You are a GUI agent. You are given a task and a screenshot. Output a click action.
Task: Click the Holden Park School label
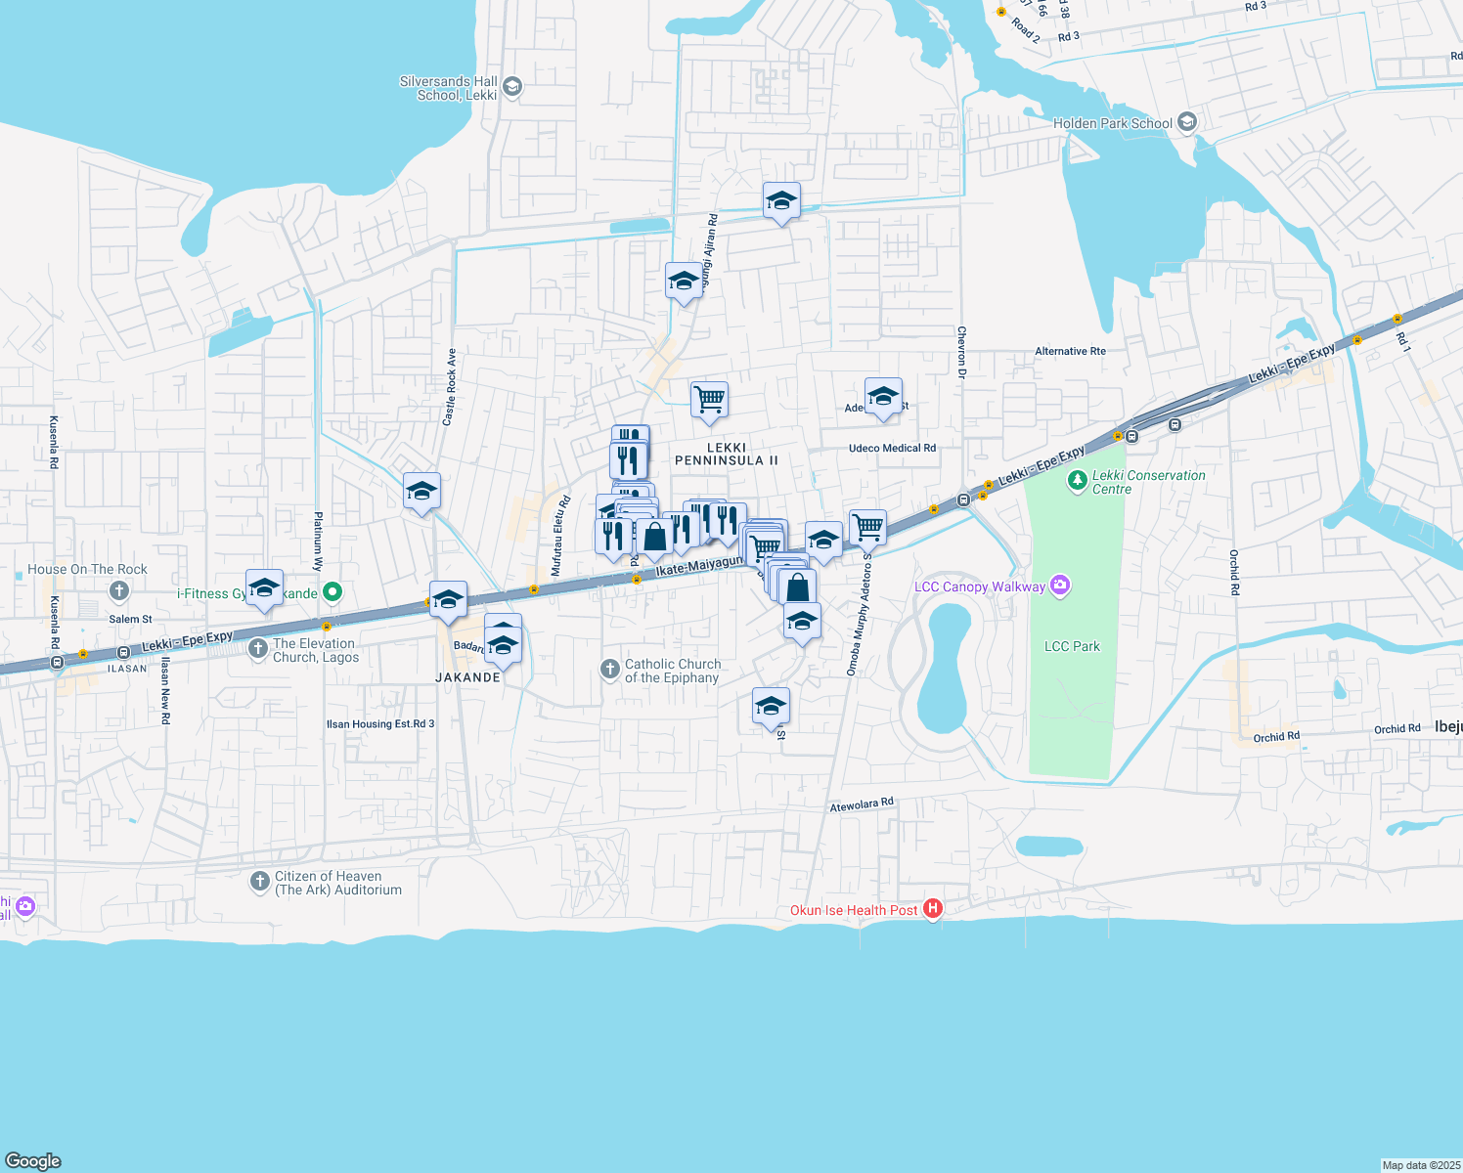pyautogui.click(x=1112, y=123)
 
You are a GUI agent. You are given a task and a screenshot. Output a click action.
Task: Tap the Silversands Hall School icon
pyautogui.click(x=511, y=88)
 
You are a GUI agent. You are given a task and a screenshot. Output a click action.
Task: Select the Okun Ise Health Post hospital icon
pyautogui.click(x=933, y=909)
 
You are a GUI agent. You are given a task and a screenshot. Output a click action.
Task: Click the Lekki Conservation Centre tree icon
pyautogui.click(x=1077, y=480)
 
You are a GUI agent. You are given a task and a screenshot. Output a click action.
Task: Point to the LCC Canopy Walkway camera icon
pyautogui.click(x=1060, y=586)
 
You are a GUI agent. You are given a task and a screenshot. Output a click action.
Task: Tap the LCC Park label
pyautogui.click(x=1072, y=646)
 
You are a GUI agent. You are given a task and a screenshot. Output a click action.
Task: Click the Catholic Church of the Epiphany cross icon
pyautogui.click(x=609, y=669)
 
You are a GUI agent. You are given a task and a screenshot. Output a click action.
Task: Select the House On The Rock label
pyautogui.click(x=87, y=569)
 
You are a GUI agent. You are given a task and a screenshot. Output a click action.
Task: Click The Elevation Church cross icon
pyautogui.click(x=258, y=648)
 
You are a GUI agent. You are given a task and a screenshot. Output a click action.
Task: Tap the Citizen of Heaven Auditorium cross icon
pyautogui.click(x=259, y=882)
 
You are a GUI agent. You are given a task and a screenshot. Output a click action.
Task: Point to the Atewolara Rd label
pyautogui.click(x=862, y=804)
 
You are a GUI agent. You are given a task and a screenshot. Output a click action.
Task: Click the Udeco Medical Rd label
pyautogui.click(x=892, y=448)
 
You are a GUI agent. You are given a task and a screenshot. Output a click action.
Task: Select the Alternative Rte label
pyautogui.click(x=1070, y=351)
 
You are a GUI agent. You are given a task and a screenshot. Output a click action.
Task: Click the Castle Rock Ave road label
pyautogui.click(x=450, y=387)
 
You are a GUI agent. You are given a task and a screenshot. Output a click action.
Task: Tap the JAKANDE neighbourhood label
pyautogui.click(x=467, y=676)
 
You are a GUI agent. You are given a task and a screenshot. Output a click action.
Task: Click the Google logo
pyautogui.click(x=33, y=1160)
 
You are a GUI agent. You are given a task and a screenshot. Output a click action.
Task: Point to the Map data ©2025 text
pyautogui.click(x=1420, y=1165)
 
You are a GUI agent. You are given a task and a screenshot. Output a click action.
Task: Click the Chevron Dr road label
pyautogui.click(x=961, y=352)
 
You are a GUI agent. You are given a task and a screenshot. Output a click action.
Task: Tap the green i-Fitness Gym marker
pyautogui.click(x=332, y=591)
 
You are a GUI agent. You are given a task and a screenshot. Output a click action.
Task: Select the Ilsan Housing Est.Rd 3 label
pyautogui.click(x=380, y=724)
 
